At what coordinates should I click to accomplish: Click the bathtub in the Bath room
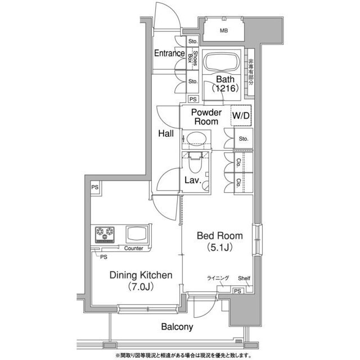click(x=222, y=62)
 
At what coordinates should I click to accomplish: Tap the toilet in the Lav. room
click(x=195, y=162)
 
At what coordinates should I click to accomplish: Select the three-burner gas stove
click(x=105, y=235)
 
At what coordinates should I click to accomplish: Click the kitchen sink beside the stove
click(x=137, y=234)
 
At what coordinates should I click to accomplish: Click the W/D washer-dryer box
click(x=241, y=115)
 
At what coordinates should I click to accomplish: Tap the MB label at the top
click(x=224, y=30)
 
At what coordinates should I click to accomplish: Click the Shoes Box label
click(x=192, y=58)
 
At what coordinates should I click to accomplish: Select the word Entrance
click(x=169, y=53)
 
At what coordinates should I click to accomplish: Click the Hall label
click(x=166, y=133)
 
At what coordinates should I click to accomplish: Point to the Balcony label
click(x=177, y=327)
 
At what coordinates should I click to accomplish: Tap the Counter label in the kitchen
click(x=133, y=248)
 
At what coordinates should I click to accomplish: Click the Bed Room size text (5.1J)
click(x=220, y=247)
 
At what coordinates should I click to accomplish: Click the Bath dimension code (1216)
click(x=225, y=88)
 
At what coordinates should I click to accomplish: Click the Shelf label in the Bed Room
click(x=244, y=278)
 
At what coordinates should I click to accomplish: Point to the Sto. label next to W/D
click(x=244, y=139)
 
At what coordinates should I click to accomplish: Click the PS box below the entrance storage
click(x=193, y=99)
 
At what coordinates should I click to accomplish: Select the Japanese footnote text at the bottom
click(x=183, y=355)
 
